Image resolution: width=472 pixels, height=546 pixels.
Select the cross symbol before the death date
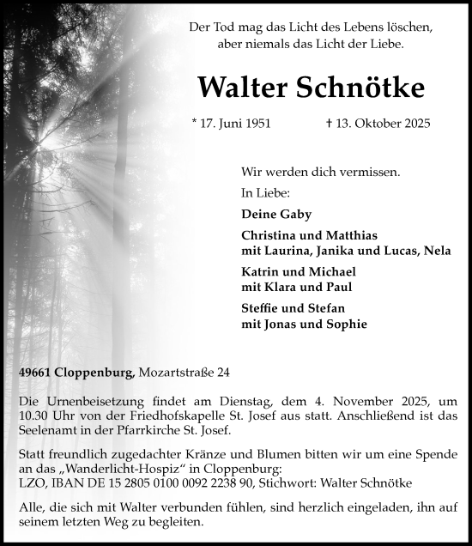point(330,123)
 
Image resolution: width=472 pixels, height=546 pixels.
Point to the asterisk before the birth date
point(195,122)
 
